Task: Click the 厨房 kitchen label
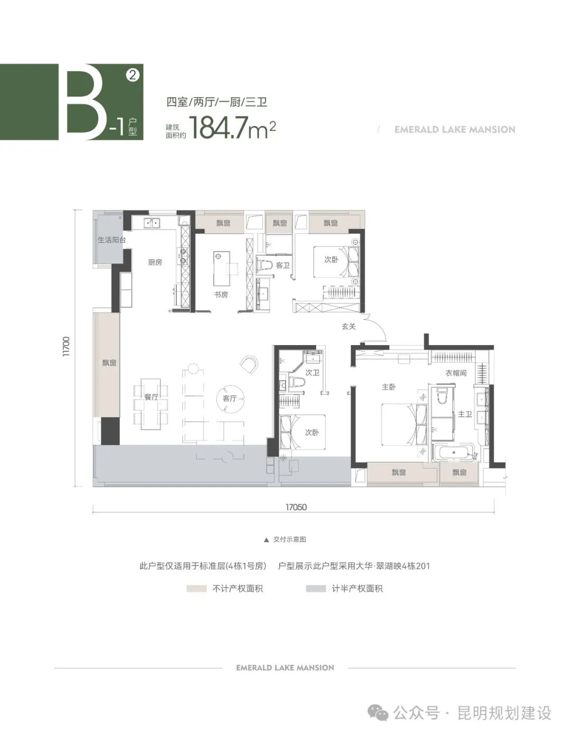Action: click(x=155, y=262)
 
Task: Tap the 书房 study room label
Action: click(x=221, y=294)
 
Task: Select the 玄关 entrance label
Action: click(x=348, y=327)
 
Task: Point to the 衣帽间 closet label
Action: click(x=455, y=372)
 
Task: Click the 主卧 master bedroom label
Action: click(x=388, y=387)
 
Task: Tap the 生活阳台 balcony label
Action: click(x=111, y=240)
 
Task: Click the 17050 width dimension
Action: click(x=296, y=507)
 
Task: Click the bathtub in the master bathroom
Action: click(x=454, y=452)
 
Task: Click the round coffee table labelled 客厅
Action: click(x=230, y=399)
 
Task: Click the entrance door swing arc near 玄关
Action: click(x=379, y=328)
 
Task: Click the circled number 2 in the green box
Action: click(x=132, y=75)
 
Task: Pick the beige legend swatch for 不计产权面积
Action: click(x=196, y=588)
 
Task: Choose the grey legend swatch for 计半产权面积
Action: click(x=316, y=588)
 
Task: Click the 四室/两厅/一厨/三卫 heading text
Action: click(x=217, y=102)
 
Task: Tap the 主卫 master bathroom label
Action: click(x=464, y=414)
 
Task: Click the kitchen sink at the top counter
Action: click(x=153, y=223)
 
